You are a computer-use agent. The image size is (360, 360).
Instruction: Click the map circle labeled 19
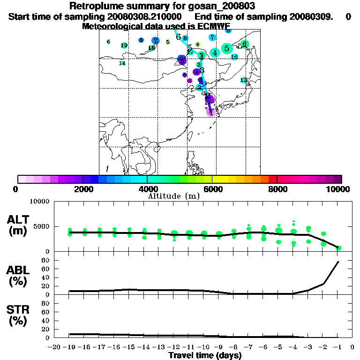pyautogui.click(x=124, y=45)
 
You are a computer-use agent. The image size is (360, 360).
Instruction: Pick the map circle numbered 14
pyautogui.click(x=122, y=63)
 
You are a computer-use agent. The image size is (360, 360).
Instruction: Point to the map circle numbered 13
pyautogui.click(x=243, y=80)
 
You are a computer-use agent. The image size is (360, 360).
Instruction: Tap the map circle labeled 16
pyautogui.click(x=234, y=57)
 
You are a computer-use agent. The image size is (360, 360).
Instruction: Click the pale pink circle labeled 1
pyautogui.click(x=211, y=112)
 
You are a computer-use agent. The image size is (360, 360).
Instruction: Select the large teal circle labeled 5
pyautogui.click(x=227, y=48)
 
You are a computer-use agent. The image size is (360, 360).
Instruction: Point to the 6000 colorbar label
pyautogui.click(x=212, y=189)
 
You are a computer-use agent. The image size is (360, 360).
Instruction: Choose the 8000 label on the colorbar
pyautogui.click(x=277, y=189)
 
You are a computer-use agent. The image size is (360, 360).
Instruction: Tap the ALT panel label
pyautogui.click(x=19, y=220)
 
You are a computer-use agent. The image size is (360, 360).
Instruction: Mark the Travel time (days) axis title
pyautogui.click(x=205, y=356)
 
